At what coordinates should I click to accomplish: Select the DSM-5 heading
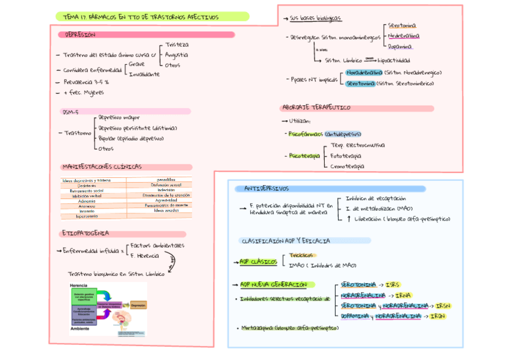coord(71,112)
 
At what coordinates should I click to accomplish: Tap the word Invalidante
coord(144,74)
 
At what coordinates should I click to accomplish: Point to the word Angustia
coord(176,55)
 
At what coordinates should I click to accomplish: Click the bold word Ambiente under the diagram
coord(80,329)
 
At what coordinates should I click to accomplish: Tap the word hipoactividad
coord(395,60)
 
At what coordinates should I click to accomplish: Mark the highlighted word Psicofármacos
coord(306,134)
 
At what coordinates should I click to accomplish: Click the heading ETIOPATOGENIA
coord(85,233)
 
